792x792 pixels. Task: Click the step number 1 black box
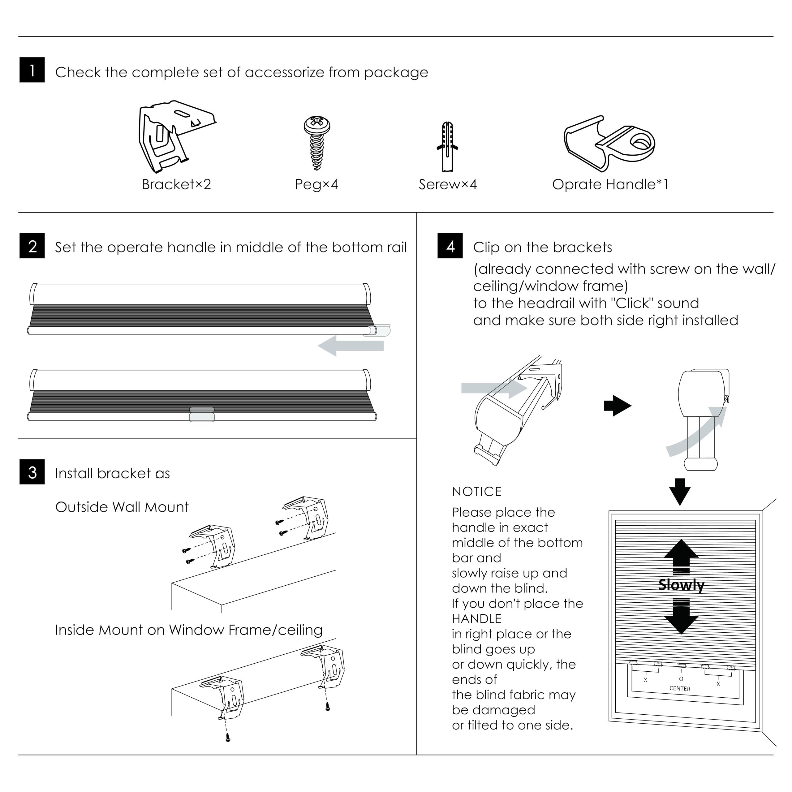[x=32, y=70]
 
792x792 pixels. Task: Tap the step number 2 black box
[x=32, y=246]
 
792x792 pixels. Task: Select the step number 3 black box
[x=32, y=472]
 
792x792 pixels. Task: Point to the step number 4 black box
[x=450, y=246]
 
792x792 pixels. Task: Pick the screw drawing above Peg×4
[x=316, y=142]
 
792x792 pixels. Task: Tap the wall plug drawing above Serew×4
[x=447, y=146]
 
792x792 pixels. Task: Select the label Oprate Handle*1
[x=610, y=184]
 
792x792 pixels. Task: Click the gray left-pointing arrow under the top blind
[x=351, y=346]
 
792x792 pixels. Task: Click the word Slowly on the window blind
[x=681, y=585]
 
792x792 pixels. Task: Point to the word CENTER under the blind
[x=680, y=689]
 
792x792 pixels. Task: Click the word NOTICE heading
[x=477, y=492]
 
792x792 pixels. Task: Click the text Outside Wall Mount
[x=122, y=507]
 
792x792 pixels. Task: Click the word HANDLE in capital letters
[x=477, y=619]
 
